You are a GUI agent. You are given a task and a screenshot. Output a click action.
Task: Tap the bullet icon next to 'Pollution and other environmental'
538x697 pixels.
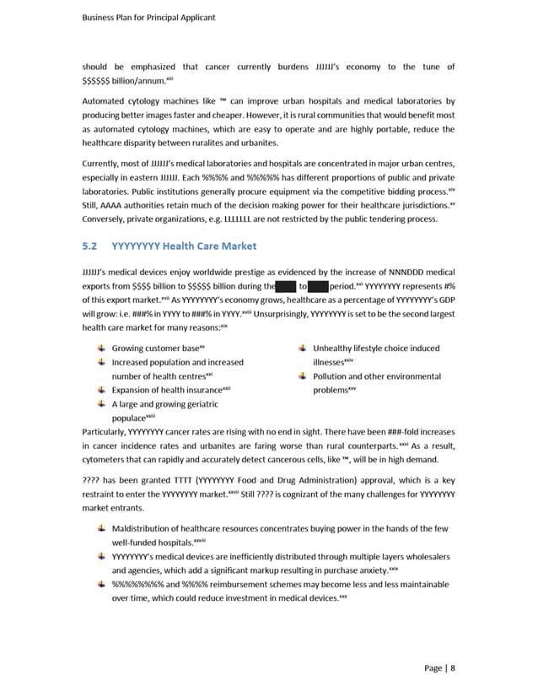(x=301, y=376)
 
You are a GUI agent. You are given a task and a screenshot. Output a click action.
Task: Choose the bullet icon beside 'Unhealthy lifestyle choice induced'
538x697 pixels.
(x=301, y=348)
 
